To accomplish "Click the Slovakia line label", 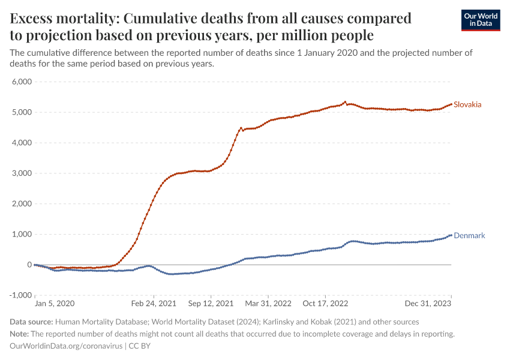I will [467, 105].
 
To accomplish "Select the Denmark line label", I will [469, 236].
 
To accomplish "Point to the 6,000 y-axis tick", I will [21, 82].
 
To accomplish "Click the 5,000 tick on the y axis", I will [21, 112].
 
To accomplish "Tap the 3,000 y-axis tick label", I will [21, 173].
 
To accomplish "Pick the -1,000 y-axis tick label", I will [20, 295].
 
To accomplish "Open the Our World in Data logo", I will [480, 19].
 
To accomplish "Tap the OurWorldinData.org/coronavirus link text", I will [66, 346].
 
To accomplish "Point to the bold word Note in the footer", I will [20, 334].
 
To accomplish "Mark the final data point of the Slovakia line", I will [451, 104].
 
